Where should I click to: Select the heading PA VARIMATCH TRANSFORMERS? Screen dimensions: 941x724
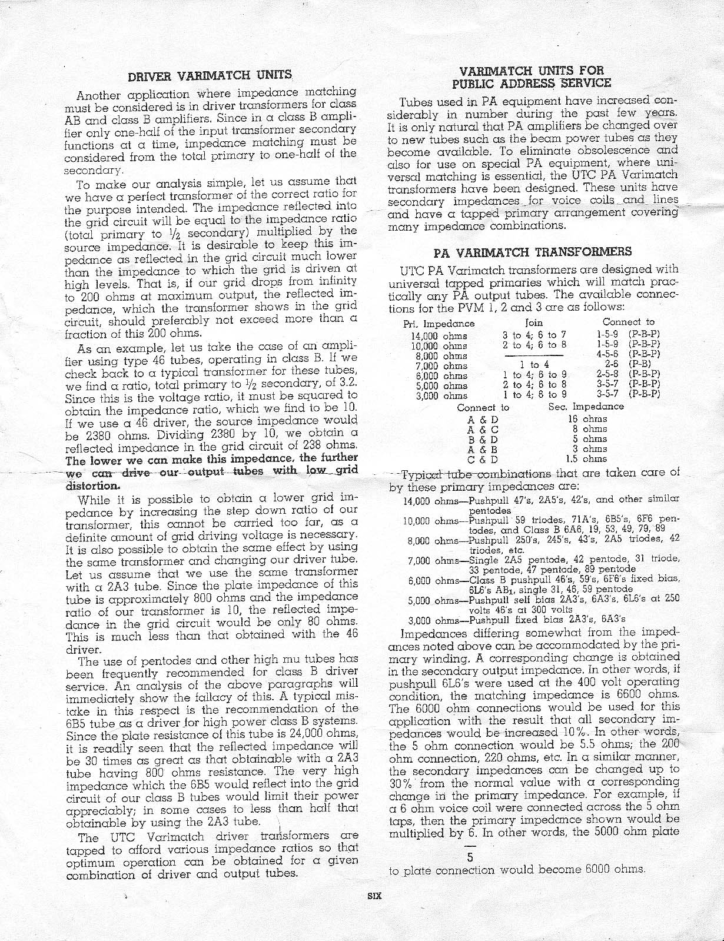(533, 252)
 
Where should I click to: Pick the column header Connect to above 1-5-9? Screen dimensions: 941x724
(628, 322)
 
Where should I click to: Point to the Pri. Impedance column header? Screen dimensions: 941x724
(439, 323)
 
